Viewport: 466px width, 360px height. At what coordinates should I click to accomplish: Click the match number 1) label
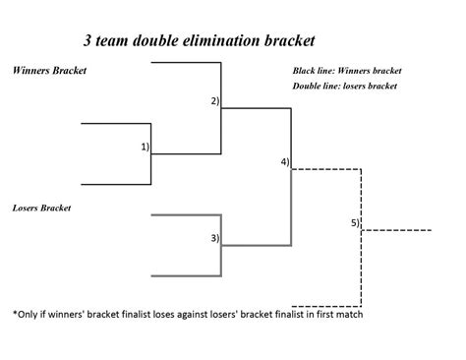click(x=145, y=147)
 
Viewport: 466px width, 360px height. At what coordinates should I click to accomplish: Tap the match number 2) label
click(x=214, y=101)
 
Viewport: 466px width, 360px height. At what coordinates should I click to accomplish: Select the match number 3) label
click(x=214, y=237)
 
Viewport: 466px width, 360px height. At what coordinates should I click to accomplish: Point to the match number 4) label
click(x=284, y=161)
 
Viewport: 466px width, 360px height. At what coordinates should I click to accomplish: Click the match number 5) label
click(x=355, y=222)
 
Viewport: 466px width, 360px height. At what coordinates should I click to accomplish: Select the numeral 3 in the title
click(x=88, y=42)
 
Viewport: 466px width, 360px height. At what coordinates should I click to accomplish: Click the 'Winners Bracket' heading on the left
click(x=46, y=71)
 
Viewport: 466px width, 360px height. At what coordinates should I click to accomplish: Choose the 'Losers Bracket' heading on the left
click(x=42, y=208)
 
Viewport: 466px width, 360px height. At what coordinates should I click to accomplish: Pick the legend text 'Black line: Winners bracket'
click(x=346, y=71)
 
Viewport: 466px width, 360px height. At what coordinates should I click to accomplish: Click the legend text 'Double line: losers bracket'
click(x=344, y=87)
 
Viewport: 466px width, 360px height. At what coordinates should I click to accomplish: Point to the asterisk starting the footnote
click(x=15, y=316)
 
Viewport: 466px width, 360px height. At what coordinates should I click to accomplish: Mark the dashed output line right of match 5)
click(x=398, y=231)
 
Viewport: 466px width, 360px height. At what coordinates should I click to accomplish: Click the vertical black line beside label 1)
click(x=150, y=154)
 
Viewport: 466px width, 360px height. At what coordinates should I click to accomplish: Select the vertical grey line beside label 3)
click(x=221, y=245)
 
